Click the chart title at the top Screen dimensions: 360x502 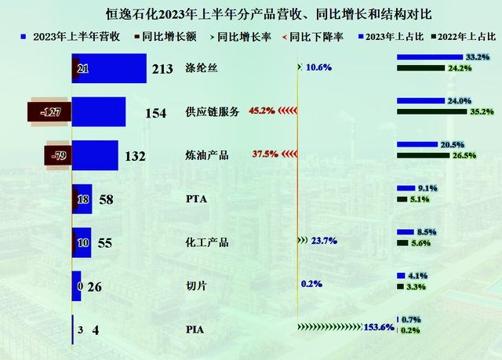point(252,14)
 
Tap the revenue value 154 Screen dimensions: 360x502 point(156,113)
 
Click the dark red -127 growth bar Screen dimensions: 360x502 point(49,112)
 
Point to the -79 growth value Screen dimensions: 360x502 point(57,155)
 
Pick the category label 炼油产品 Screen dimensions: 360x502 point(206,155)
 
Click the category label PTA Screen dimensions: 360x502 point(195,199)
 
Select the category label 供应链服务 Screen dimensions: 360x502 point(212,112)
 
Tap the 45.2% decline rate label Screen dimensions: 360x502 point(261,111)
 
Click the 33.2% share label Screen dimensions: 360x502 point(477,57)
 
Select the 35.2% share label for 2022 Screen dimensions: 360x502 point(481,111)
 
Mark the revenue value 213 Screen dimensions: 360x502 point(162,70)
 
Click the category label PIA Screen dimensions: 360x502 point(194,329)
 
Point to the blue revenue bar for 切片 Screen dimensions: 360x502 point(76,285)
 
